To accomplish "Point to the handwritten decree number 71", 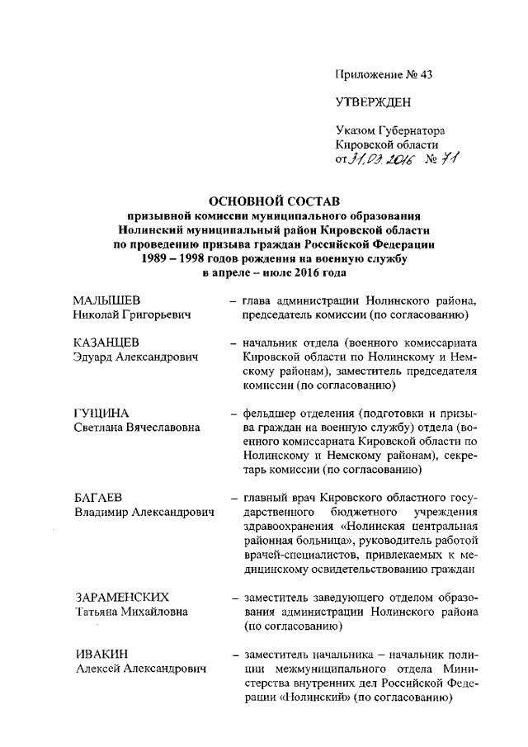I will click(449, 158).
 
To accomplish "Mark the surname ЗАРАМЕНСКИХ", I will click(121, 596).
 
